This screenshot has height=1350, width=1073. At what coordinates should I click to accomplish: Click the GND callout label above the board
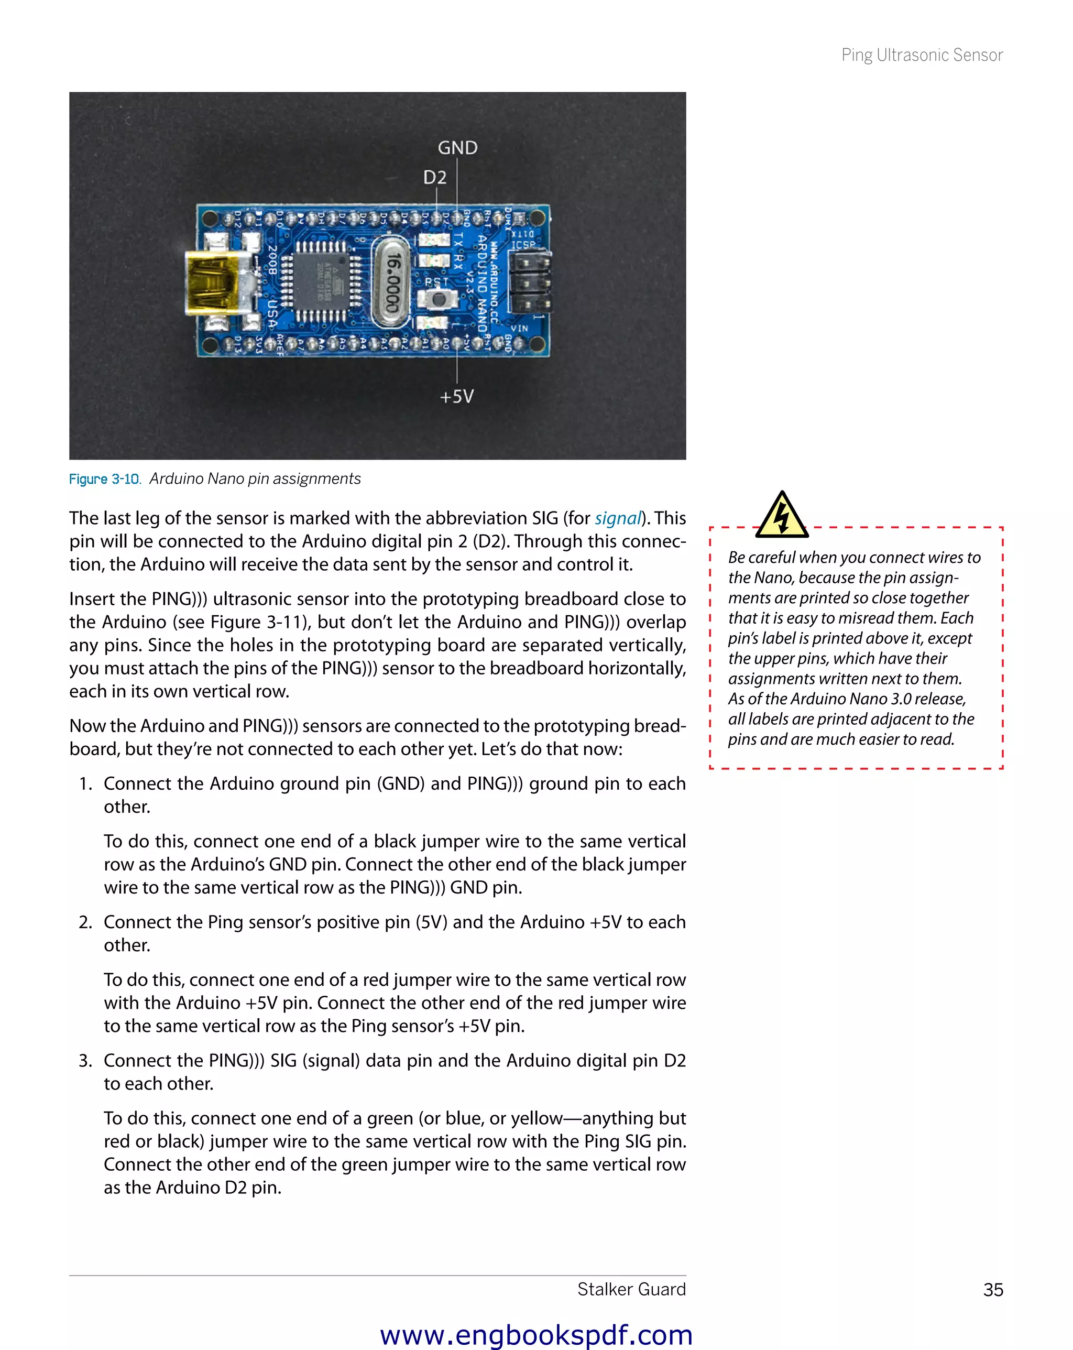pos(457,148)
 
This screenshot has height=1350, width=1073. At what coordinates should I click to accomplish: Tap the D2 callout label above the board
pos(434,178)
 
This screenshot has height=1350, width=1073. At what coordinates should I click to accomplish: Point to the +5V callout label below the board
pos(456,396)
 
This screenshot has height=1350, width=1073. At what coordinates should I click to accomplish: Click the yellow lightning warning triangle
pos(781,516)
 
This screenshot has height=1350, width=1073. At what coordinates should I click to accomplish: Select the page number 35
pos(993,1290)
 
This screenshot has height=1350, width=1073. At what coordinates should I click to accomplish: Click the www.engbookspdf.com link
pos(536,1335)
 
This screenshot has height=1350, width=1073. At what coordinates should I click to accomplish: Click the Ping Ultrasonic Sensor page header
pos(922,55)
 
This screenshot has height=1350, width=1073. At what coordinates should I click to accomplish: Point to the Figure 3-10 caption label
pos(105,479)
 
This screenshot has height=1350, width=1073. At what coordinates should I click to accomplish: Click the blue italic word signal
pos(617,518)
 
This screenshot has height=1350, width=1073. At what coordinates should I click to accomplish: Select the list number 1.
pos(85,784)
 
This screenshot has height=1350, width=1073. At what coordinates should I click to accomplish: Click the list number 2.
pos(85,922)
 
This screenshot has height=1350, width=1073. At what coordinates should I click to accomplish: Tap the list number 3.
pos(85,1061)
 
